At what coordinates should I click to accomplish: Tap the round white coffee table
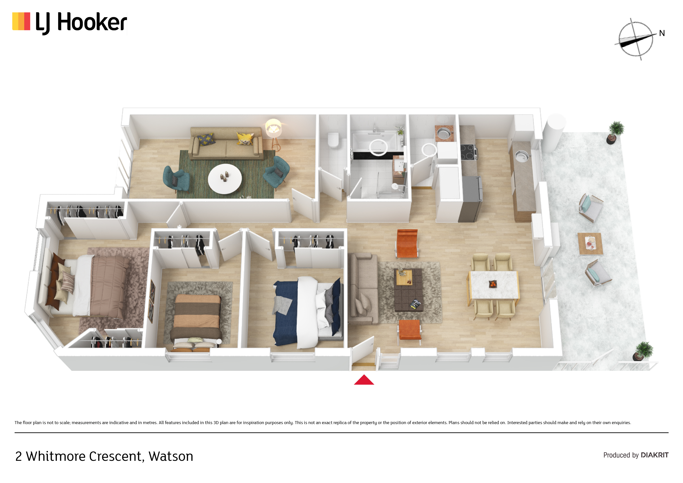click(225, 179)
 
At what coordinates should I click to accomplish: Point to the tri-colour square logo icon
click(21, 21)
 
